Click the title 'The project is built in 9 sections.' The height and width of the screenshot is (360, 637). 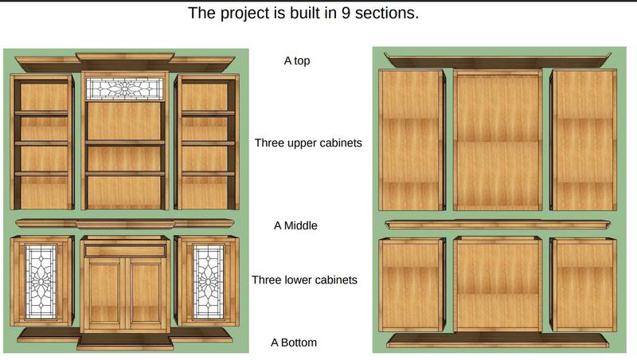click(303, 14)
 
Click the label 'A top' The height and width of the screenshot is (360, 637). click(297, 61)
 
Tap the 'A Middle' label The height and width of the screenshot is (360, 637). click(295, 225)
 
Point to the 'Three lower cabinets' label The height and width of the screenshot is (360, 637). click(304, 280)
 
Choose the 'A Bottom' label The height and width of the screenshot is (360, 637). click(294, 342)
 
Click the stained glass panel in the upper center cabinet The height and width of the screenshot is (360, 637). click(124, 88)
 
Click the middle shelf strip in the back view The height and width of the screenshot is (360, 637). click(497, 225)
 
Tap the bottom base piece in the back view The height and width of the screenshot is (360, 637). click(497, 341)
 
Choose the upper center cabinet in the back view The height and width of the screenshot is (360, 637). click(497, 140)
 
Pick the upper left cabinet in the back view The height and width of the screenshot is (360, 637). click(411, 140)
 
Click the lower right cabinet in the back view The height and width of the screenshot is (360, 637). click(583, 284)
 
